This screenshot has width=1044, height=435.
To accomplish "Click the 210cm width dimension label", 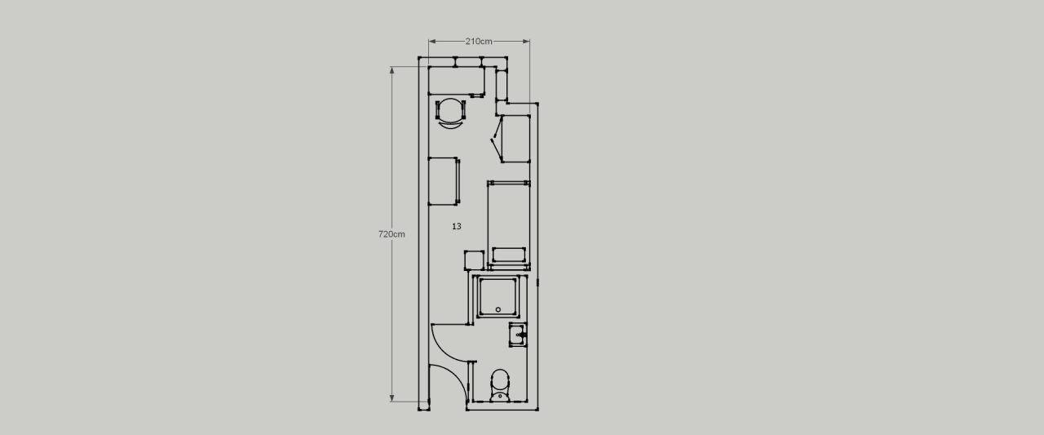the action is pos(479,42).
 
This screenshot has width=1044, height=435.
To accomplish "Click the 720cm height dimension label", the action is pos(391,234).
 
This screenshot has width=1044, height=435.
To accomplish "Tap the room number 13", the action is pos(456,226).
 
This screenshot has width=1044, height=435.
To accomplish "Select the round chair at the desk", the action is pos(450,113).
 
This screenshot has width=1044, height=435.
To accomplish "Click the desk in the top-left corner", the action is pos(457,81).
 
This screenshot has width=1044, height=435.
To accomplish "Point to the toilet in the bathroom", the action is pos(500,385).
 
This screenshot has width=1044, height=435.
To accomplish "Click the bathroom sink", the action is pos(518,335).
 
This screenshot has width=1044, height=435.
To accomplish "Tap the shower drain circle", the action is pos(498,309).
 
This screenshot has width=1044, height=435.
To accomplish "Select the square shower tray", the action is pos(498,296).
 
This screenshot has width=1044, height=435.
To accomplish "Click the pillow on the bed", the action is pos(509,255).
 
